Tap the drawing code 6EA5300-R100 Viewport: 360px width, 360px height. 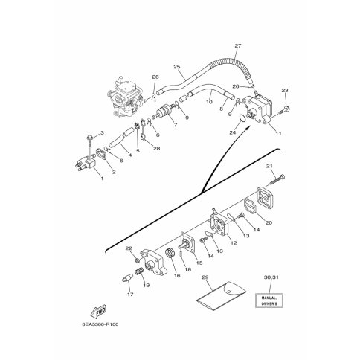tap(100, 324)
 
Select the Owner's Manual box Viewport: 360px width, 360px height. tap(269, 300)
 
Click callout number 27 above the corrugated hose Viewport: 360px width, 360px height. tap(238, 45)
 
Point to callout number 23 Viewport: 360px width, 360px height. tap(285, 91)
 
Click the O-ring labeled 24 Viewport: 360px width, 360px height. tap(242, 118)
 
